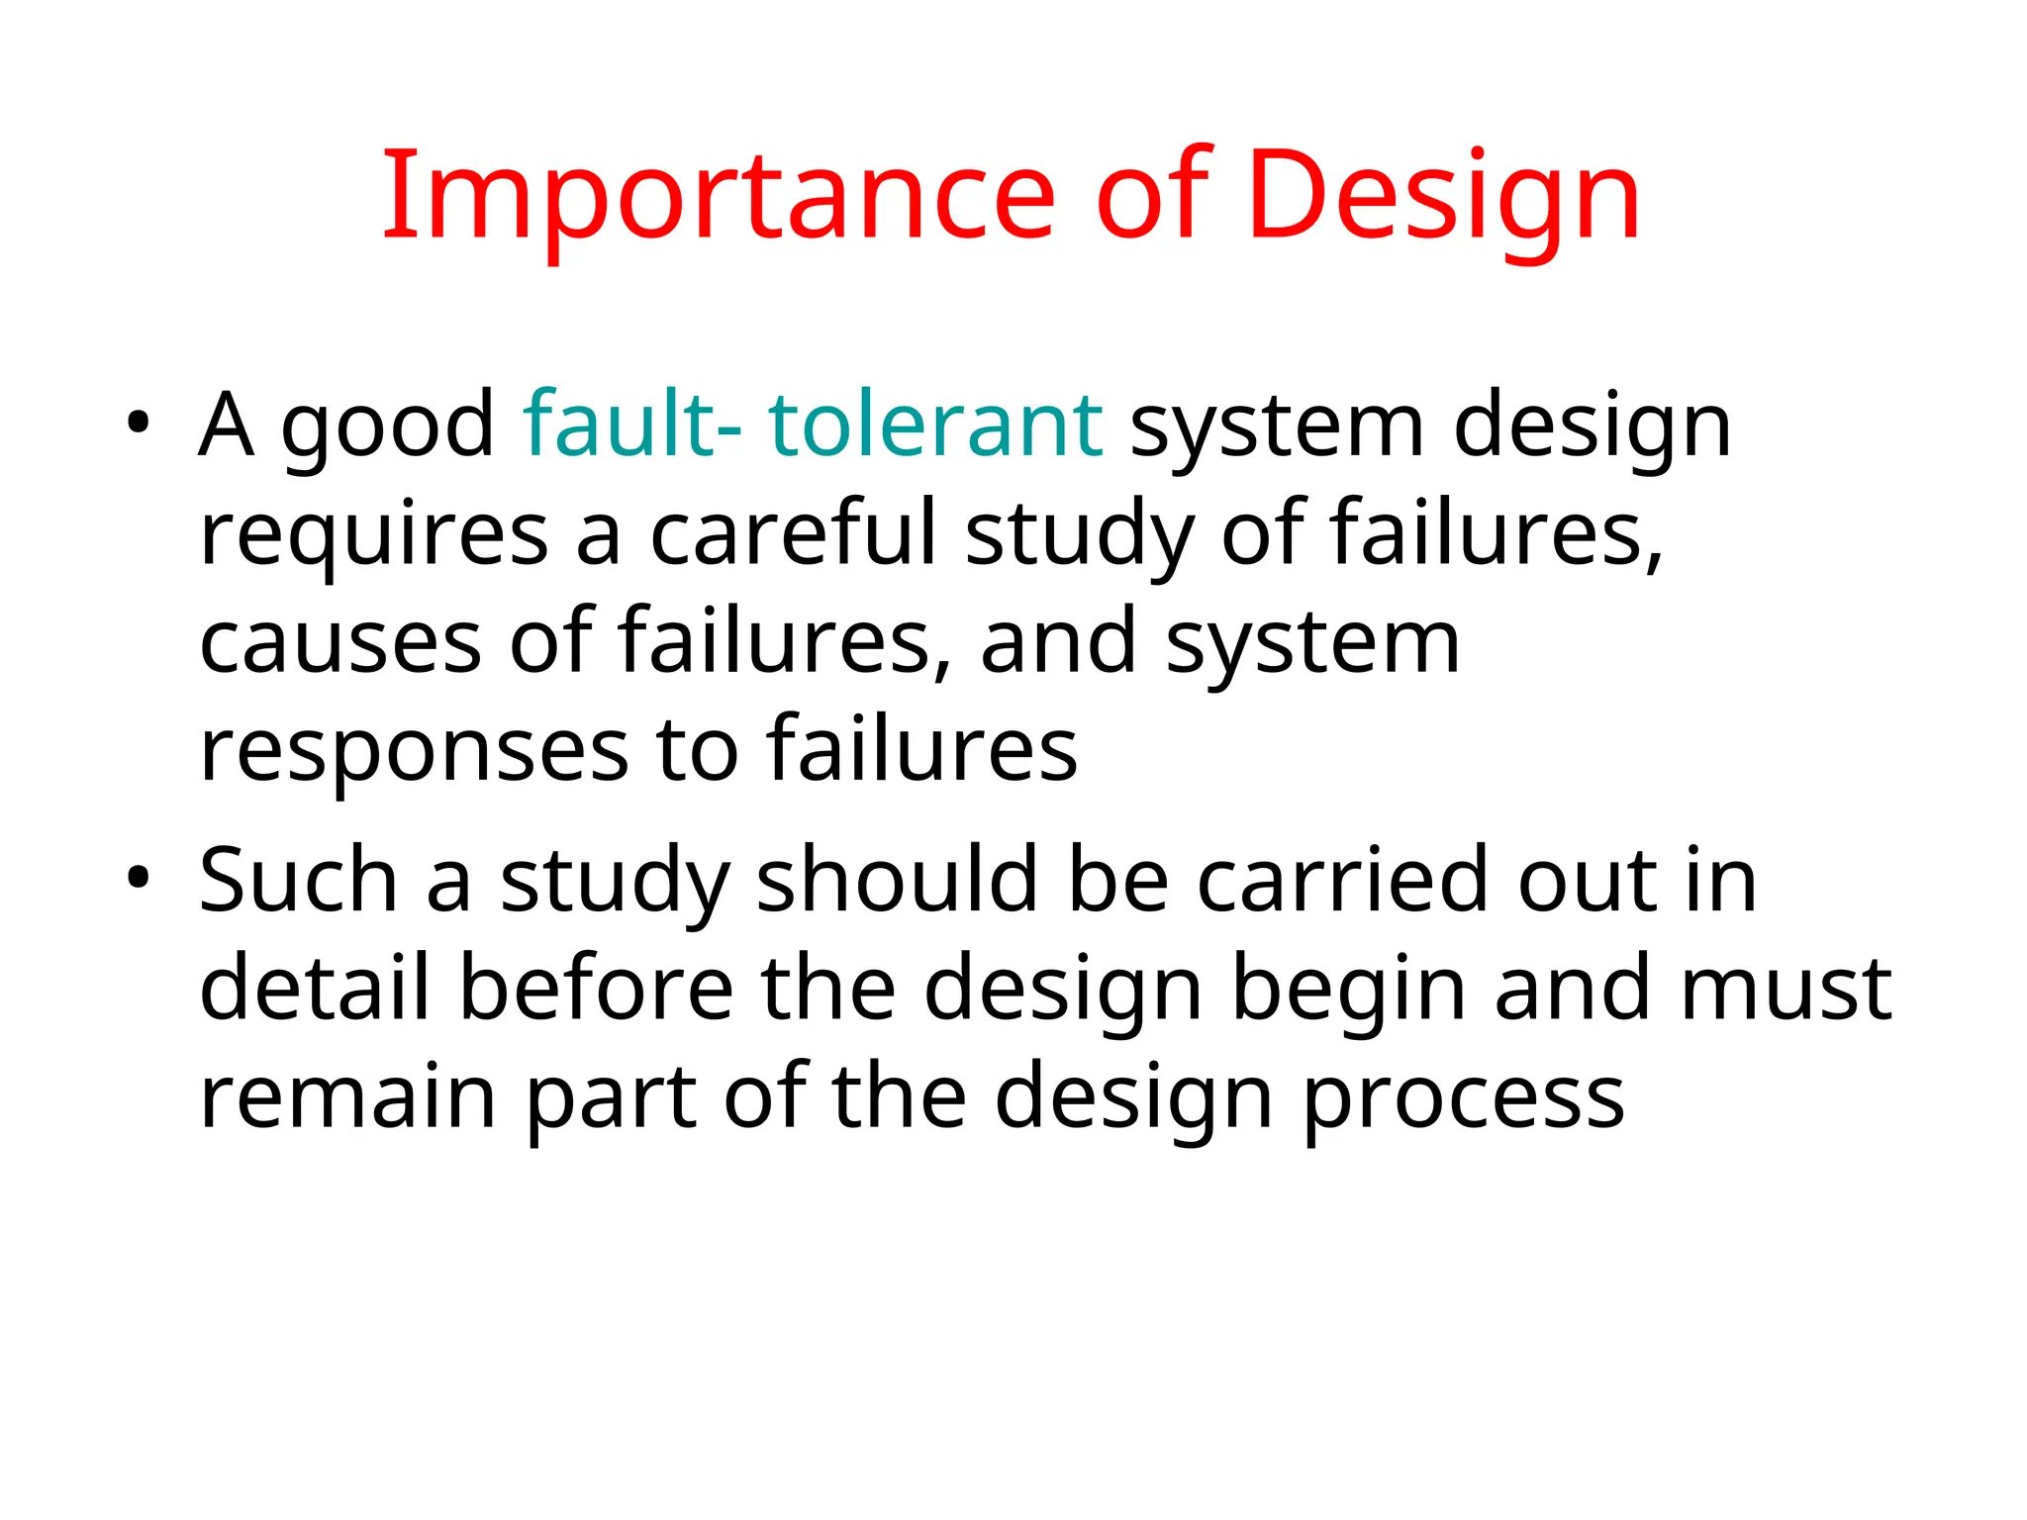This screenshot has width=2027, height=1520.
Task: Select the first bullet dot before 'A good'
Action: click(x=138, y=425)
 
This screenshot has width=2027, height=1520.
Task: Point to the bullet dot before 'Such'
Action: click(x=138, y=878)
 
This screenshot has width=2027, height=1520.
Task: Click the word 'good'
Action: click(x=388, y=428)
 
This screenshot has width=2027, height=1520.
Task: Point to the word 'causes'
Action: click(x=340, y=643)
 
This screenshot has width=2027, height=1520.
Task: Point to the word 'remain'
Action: click(x=347, y=1096)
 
